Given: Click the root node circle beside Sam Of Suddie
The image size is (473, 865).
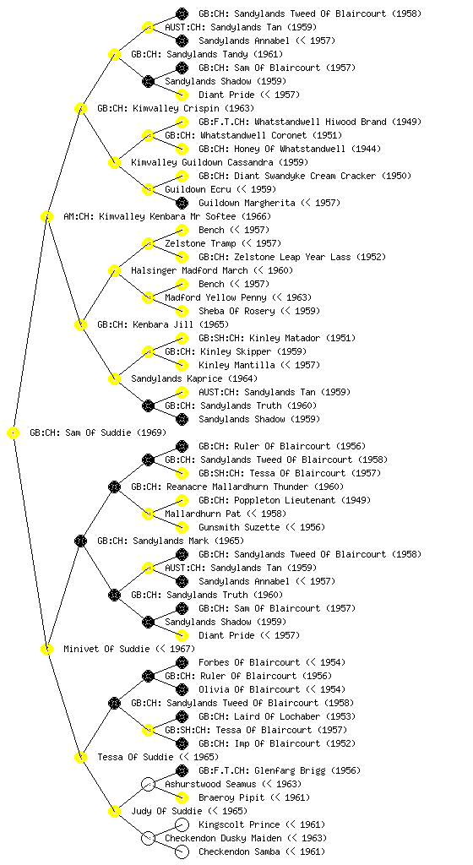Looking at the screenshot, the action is pyautogui.click(x=14, y=433).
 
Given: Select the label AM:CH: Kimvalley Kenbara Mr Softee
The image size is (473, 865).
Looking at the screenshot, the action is pyautogui.click(x=167, y=217).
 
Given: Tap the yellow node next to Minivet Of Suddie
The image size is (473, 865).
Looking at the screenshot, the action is pyautogui.click(x=46, y=650).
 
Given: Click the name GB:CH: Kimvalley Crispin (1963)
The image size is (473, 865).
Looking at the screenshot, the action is pyautogui.click(x=176, y=109).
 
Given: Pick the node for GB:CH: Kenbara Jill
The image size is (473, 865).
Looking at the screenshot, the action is pyautogui.click(x=80, y=325).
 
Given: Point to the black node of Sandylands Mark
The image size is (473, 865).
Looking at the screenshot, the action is pyautogui.click(x=80, y=541).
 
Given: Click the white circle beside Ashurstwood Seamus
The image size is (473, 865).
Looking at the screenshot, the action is pyautogui.click(x=148, y=785).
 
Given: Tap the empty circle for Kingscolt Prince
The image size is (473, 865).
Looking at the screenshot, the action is pyautogui.click(x=182, y=824).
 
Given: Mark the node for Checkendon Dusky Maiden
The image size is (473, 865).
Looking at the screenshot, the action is pyautogui.click(x=148, y=839).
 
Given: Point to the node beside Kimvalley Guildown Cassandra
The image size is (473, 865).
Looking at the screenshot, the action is pyautogui.click(x=114, y=163).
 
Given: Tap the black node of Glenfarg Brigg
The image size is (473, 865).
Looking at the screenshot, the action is pyautogui.click(x=182, y=770).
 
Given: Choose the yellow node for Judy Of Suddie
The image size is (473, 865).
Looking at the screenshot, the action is pyautogui.click(x=114, y=812).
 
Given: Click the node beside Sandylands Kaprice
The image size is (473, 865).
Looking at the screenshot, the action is pyautogui.click(x=114, y=379).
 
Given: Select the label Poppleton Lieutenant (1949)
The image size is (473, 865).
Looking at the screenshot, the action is pyautogui.click(x=285, y=500).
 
